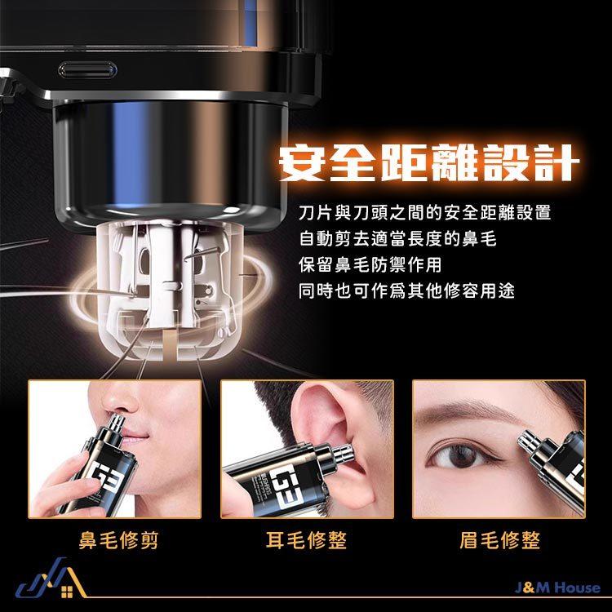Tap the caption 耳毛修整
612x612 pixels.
[306, 539]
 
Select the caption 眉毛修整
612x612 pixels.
[500, 539]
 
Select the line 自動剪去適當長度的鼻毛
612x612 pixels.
[397, 240]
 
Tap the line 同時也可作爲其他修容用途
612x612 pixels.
[406, 291]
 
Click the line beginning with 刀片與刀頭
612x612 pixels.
[424, 214]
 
